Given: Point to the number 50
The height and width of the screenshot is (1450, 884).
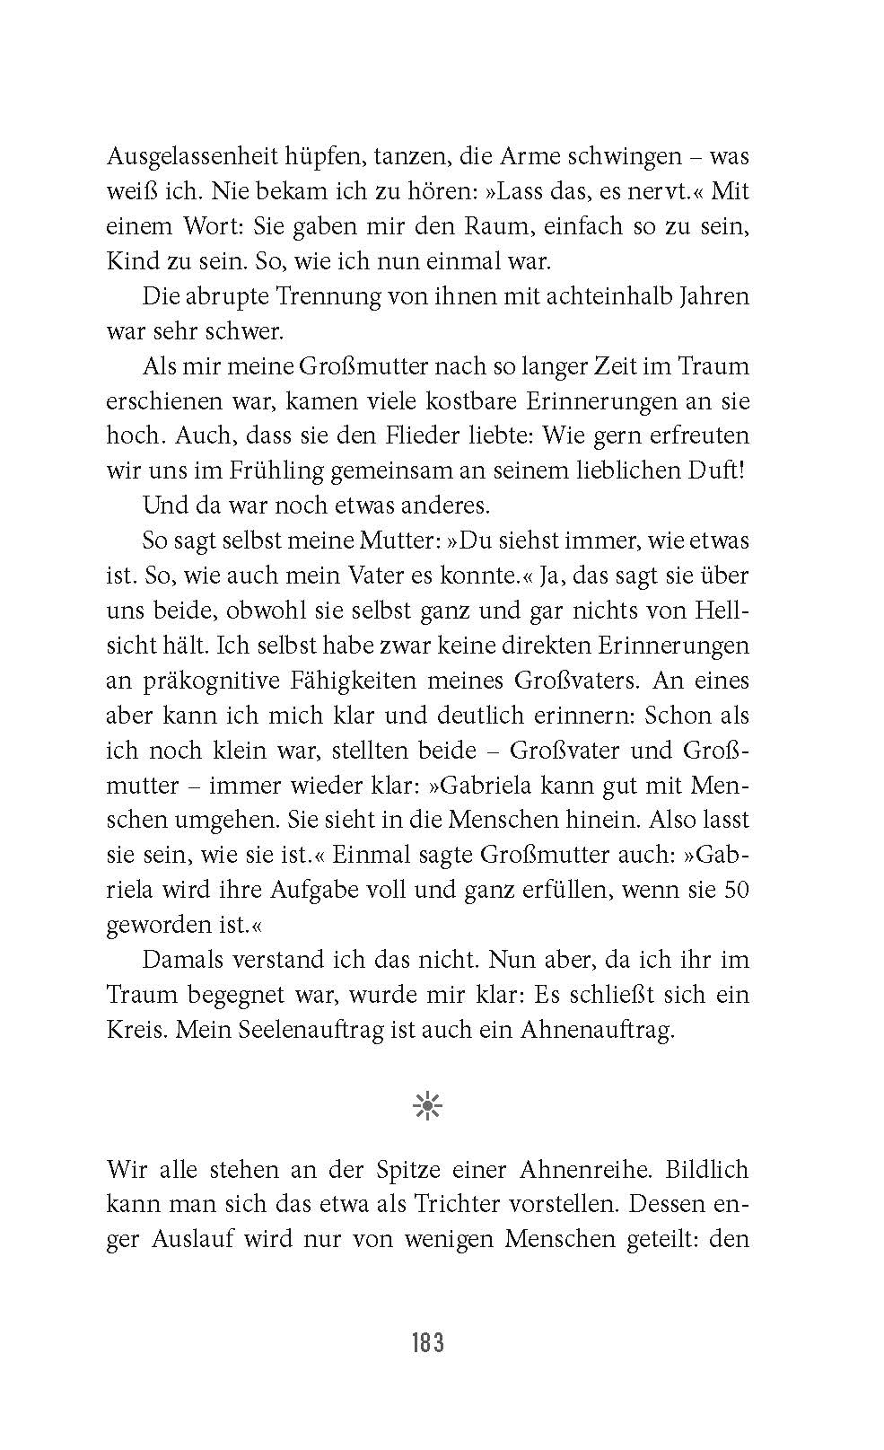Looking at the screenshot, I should (x=735, y=890).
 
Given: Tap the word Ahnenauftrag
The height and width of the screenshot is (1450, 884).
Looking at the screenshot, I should (x=596, y=1030).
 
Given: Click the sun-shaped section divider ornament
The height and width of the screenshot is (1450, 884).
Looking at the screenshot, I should (x=428, y=1107).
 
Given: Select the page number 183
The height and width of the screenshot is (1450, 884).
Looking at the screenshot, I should (x=428, y=1343).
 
